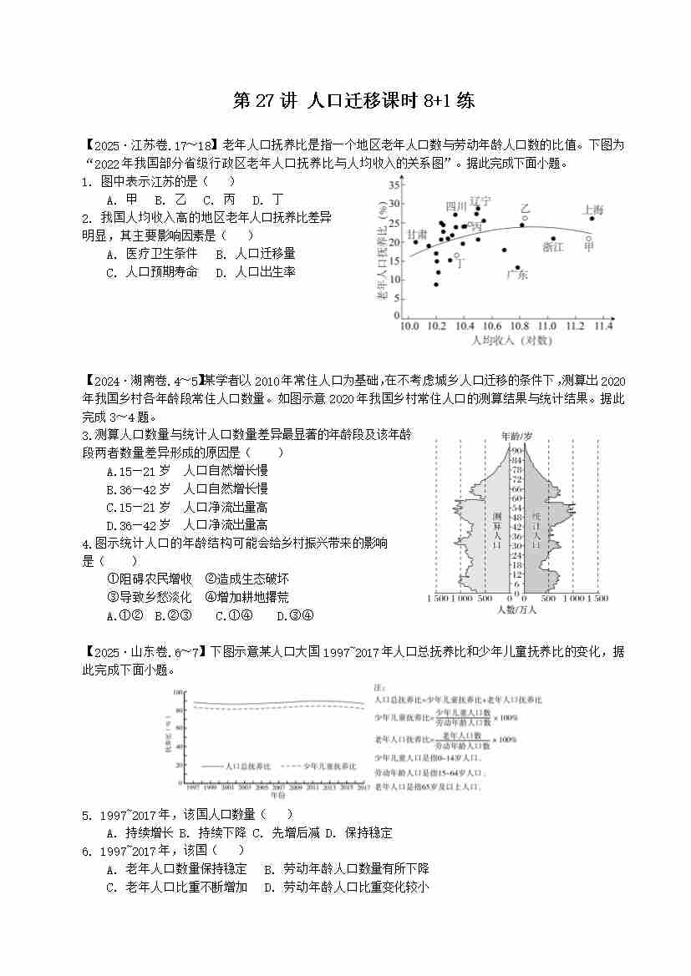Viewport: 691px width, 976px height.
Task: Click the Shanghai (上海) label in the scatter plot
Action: coord(592,210)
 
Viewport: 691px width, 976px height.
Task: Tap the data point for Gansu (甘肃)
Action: coord(415,242)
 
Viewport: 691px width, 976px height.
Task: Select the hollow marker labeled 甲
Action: coord(588,240)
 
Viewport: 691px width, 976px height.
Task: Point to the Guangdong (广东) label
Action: coord(517,276)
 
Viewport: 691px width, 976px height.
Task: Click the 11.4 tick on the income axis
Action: coord(602,326)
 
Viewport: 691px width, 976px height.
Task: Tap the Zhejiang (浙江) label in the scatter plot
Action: coord(552,247)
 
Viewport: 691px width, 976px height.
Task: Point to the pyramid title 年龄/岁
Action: coord(516,436)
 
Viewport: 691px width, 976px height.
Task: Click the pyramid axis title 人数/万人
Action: coord(515,610)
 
